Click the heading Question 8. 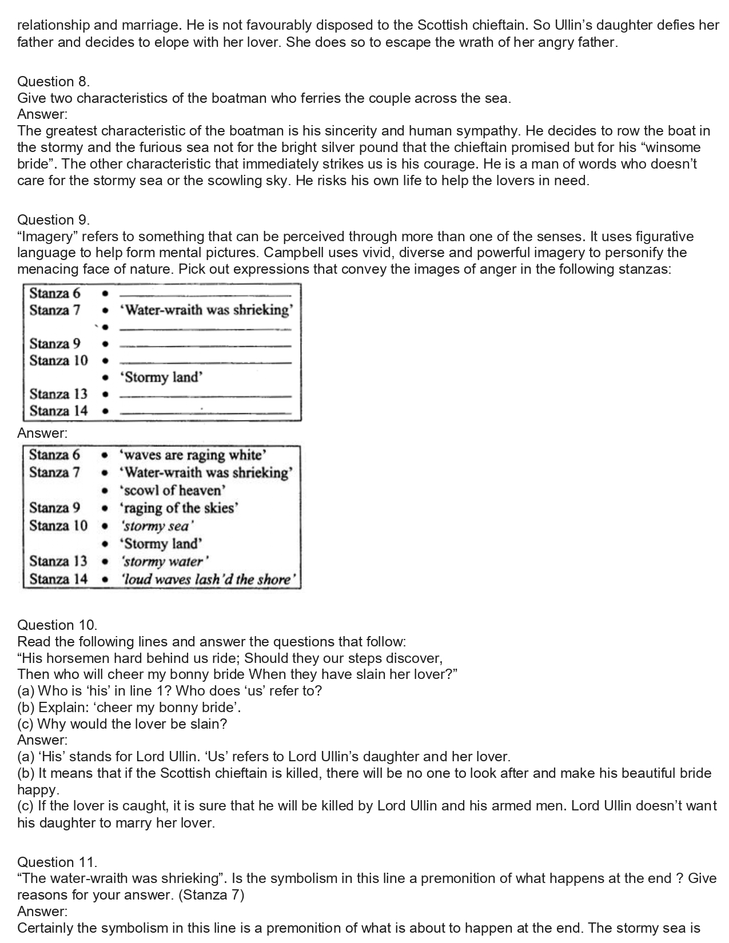click(54, 82)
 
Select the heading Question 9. click(54, 220)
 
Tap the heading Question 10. click(57, 625)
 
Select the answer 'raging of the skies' click(179, 508)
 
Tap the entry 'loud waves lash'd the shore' click(209, 580)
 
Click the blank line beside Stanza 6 click(206, 295)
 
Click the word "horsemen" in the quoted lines click(77, 658)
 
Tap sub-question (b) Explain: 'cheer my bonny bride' click(129, 708)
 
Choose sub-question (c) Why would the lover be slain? click(122, 724)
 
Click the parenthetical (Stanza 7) click(212, 895)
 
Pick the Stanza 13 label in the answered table click(58, 561)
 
